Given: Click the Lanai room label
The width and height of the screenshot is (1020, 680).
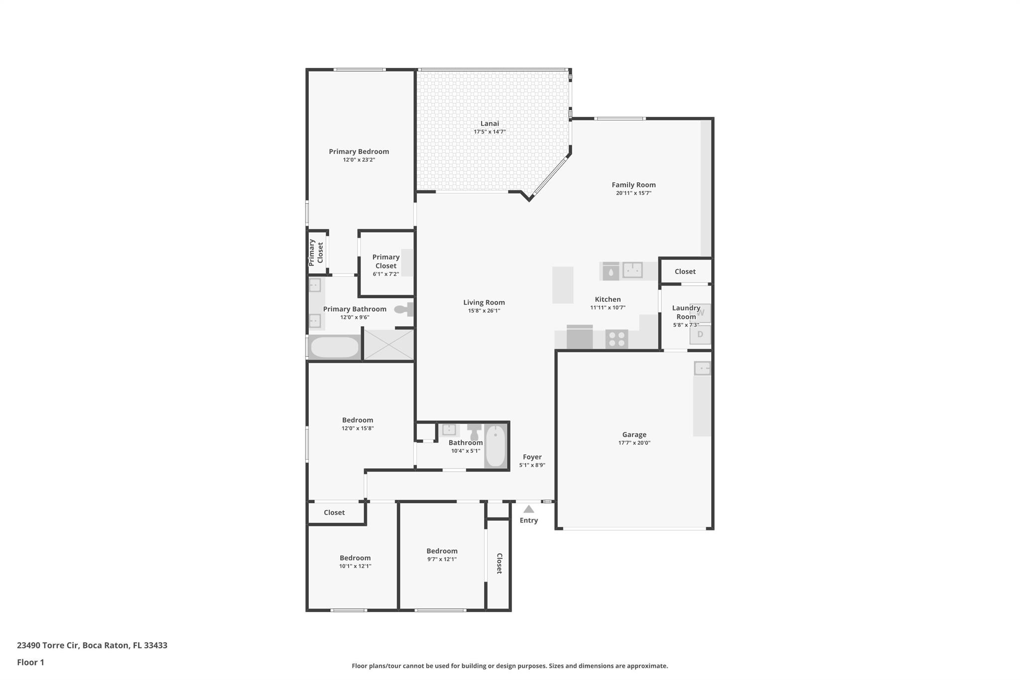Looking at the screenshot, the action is pyautogui.click(x=490, y=124).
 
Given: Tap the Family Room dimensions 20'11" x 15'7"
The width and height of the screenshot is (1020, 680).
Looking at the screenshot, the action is pyautogui.click(x=634, y=193).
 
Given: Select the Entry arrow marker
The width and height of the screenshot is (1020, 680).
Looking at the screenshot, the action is pyautogui.click(x=528, y=509).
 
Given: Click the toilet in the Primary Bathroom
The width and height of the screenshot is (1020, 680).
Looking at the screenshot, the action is pyautogui.click(x=404, y=309).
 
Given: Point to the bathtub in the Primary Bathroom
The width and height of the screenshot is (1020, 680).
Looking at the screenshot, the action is pyautogui.click(x=334, y=347).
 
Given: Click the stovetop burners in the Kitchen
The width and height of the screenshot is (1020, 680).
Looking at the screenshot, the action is pyautogui.click(x=617, y=339).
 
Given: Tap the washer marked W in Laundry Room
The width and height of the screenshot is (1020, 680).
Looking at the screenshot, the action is pyautogui.click(x=700, y=313).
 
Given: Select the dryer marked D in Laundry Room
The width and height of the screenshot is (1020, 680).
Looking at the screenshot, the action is pyautogui.click(x=700, y=335).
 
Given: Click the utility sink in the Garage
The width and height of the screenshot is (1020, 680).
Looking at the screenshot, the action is pyautogui.click(x=702, y=369).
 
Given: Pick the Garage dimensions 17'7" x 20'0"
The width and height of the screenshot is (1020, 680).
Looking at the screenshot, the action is pyautogui.click(x=634, y=443).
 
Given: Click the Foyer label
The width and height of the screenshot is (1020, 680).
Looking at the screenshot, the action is pyautogui.click(x=532, y=457).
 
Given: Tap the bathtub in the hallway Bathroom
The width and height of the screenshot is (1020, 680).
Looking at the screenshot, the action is pyautogui.click(x=495, y=446).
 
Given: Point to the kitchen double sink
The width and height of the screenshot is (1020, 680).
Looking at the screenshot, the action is pyautogui.click(x=633, y=270).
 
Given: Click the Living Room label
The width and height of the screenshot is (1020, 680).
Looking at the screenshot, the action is pyautogui.click(x=484, y=302).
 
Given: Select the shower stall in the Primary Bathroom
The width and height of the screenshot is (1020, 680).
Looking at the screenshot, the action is pyautogui.click(x=389, y=344).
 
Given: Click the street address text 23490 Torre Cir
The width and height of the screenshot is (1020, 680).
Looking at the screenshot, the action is pyautogui.click(x=48, y=645).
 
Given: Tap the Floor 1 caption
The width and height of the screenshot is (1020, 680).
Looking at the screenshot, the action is pyautogui.click(x=30, y=662).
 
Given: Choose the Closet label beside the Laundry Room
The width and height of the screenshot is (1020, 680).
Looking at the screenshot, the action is pyautogui.click(x=685, y=272).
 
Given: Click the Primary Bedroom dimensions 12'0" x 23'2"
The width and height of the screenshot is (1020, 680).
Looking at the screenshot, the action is pyautogui.click(x=359, y=160).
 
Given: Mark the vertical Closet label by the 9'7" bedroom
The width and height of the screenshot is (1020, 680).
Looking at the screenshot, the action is pyautogui.click(x=500, y=563).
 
